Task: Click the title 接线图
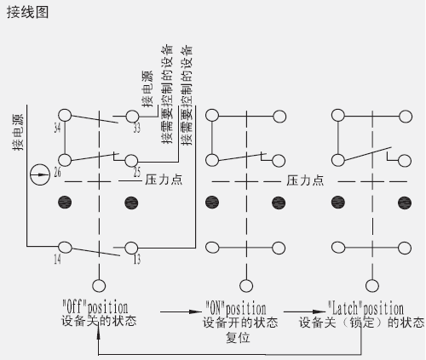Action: point(27,13)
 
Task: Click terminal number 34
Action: point(57,128)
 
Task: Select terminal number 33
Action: point(137,128)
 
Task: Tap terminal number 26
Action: point(57,172)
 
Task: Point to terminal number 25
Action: point(137,172)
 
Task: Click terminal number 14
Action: point(57,259)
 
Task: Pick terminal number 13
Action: point(137,259)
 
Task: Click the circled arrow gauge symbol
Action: point(40,174)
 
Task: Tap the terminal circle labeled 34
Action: point(65,116)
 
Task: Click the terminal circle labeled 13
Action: point(131,248)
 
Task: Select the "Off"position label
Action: point(95,307)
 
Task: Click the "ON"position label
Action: point(236,308)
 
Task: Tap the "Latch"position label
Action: point(366,308)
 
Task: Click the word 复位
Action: point(238,338)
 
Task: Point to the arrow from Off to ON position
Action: point(181,311)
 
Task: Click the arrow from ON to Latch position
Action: point(305,311)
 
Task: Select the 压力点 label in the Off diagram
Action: point(164,180)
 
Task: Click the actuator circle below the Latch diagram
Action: point(372,286)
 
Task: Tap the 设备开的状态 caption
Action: point(240,323)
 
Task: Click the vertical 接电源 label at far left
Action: point(18,132)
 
